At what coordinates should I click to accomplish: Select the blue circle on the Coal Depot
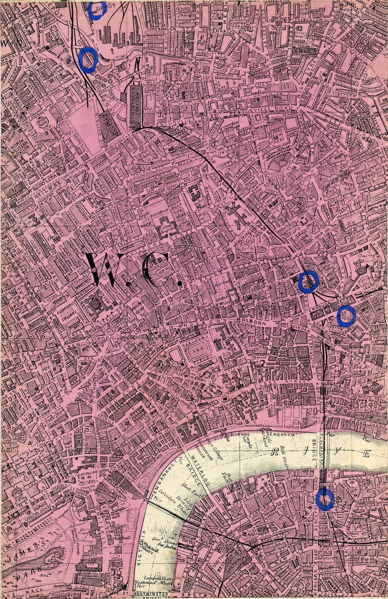[88, 60]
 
